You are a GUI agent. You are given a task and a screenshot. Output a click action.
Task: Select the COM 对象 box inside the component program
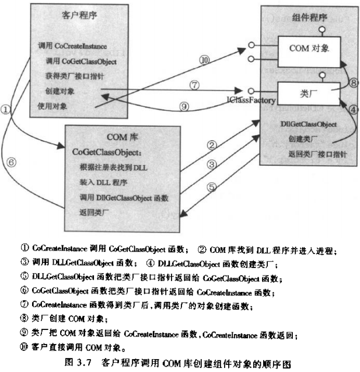pyautogui.click(x=308, y=49)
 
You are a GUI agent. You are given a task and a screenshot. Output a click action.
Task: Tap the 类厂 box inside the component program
pyautogui.click(x=308, y=93)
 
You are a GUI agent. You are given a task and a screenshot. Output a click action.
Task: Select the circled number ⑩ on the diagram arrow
pyautogui.click(x=204, y=60)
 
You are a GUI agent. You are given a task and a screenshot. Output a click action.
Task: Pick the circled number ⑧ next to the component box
pyautogui.click(x=355, y=83)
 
